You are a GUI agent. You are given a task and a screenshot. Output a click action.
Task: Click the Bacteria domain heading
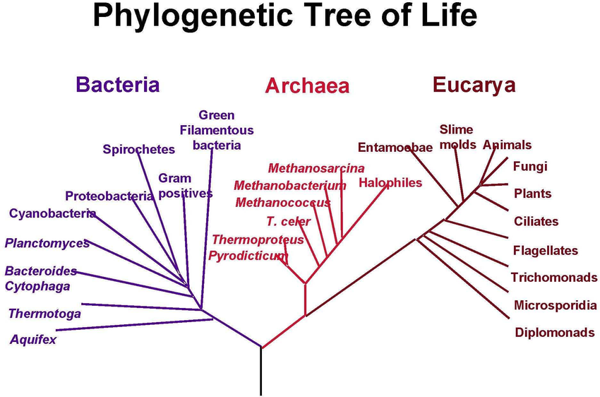click(117, 85)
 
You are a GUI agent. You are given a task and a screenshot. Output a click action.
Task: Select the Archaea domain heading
click(307, 87)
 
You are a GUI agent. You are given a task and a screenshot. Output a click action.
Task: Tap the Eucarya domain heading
click(474, 85)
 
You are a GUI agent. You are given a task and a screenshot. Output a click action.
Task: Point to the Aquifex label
click(32, 340)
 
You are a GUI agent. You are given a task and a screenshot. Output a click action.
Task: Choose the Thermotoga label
click(44, 314)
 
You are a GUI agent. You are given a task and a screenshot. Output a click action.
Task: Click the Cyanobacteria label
click(52, 213)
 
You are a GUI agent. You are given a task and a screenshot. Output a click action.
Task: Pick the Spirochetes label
click(138, 149)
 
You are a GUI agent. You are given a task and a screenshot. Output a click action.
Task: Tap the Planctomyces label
click(47, 244)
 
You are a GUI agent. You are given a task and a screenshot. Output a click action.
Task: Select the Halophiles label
click(390, 183)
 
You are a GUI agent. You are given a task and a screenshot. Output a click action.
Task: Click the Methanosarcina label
click(316, 168)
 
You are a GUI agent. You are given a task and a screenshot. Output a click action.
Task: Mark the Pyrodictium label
click(248, 256)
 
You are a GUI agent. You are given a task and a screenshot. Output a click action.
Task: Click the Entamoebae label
click(395, 148)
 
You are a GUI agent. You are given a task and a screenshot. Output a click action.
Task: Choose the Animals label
click(507, 146)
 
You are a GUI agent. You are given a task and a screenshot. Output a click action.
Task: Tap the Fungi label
click(530, 167)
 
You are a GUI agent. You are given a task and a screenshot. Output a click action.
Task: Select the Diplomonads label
click(554, 333)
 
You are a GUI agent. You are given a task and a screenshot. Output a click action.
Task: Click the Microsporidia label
click(556, 305)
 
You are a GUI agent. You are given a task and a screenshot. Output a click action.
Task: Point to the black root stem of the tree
click(261, 371)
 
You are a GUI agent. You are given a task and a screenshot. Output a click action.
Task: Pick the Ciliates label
click(536, 221)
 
